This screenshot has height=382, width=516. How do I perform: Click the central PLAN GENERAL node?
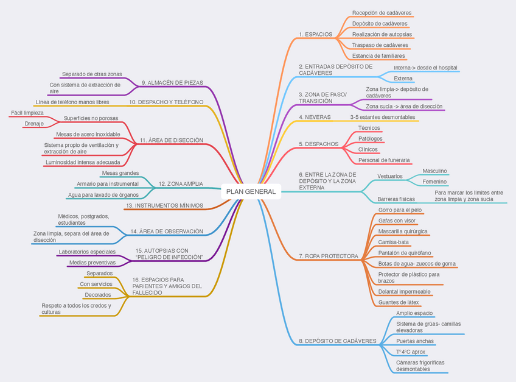pyautogui.click(x=251, y=192)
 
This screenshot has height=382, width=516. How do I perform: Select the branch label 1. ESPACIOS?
pyautogui.click(x=315, y=34)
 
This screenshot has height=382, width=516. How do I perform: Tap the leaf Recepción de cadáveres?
pyautogui.click(x=382, y=13)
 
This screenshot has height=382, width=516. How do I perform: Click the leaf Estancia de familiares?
pyautogui.click(x=378, y=55)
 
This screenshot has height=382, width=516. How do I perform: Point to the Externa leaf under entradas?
pyautogui.click(x=403, y=78)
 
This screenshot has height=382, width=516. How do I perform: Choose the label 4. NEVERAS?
pyautogui.click(x=315, y=116)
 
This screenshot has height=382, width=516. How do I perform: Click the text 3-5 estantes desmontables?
pyautogui.click(x=383, y=116)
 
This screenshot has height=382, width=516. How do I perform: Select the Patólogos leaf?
pyautogui.click(x=371, y=138)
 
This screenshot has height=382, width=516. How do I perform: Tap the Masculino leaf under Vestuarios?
pyautogui.click(x=434, y=171)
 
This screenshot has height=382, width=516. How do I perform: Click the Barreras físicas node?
pyautogui.click(x=396, y=199)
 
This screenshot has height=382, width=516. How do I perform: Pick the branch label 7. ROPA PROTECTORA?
pyautogui.click(x=328, y=256)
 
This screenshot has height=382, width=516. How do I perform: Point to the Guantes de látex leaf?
pyautogui.click(x=398, y=302)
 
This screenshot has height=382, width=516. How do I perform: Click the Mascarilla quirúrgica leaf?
pyautogui.click(x=403, y=232)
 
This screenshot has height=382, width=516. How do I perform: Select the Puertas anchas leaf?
pyautogui.click(x=415, y=341)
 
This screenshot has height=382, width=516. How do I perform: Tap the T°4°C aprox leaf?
pyautogui.click(x=411, y=352)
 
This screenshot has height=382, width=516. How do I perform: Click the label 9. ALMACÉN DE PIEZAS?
pyautogui.click(x=172, y=82)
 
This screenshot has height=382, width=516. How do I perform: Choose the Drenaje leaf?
pyautogui.click(x=33, y=124)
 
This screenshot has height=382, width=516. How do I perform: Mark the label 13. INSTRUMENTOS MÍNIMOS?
pyautogui.click(x=164, y=205)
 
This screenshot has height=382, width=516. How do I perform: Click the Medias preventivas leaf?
pyautogui.click(x=92, y=262)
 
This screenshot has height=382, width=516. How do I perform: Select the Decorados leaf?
pyautogui.click(x=97, y=295)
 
